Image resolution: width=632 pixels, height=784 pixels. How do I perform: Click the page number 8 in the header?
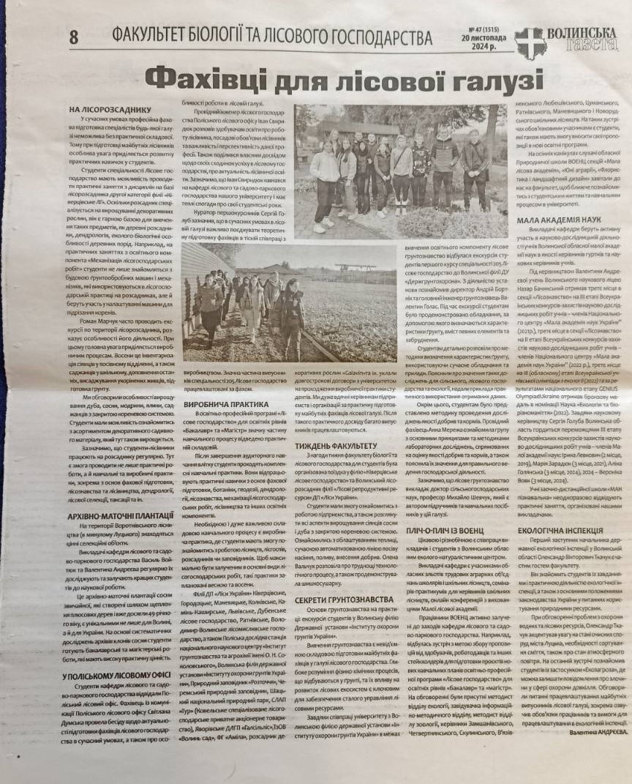pos(73,36)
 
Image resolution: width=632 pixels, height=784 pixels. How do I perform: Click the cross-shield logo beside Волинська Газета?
pos(530,42)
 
